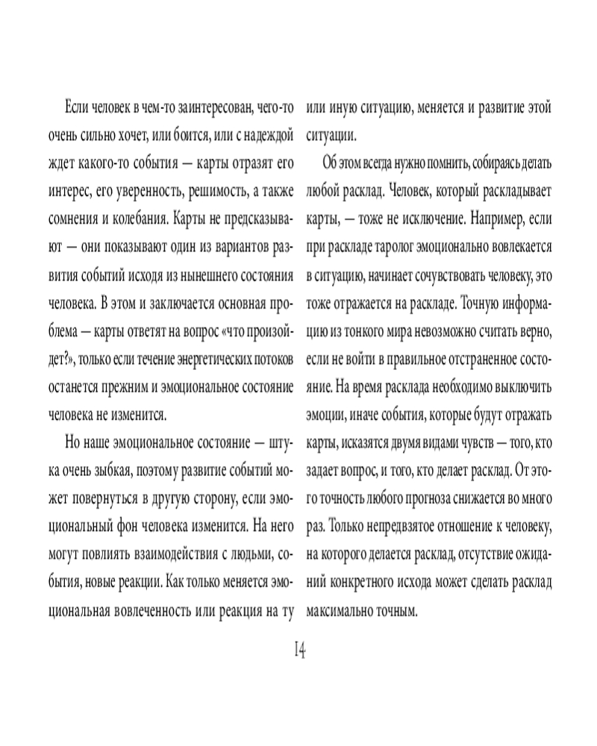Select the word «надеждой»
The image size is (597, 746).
pyautogui.click(x=269, y=137)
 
